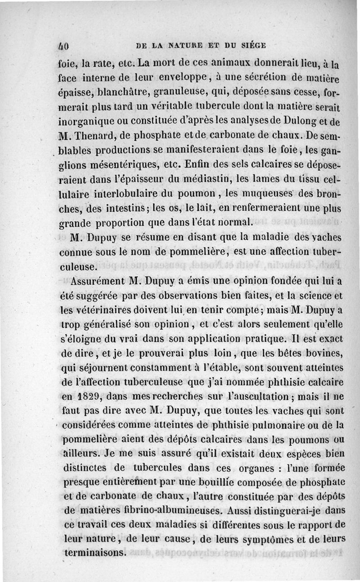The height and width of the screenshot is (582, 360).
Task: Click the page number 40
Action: [66, 45]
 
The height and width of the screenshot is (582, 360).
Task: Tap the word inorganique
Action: [89, 121]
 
